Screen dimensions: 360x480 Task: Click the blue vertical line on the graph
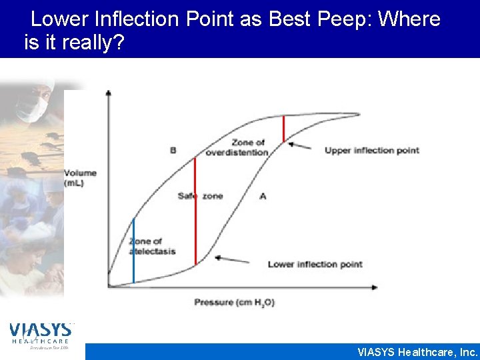133,250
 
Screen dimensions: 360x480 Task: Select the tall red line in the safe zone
195,211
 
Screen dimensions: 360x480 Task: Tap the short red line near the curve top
283,129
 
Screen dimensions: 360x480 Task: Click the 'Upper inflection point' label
371,150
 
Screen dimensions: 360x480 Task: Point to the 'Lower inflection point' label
315,265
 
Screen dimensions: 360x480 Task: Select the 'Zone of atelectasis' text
145,246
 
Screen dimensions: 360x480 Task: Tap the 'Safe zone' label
200,196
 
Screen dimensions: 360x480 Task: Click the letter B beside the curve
173,150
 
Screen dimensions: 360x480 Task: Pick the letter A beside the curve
263,196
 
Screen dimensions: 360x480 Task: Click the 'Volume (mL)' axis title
80,178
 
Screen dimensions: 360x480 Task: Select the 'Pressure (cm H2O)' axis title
234,303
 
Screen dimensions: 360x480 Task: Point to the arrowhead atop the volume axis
108,93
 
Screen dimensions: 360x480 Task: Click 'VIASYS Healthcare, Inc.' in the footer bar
417,352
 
